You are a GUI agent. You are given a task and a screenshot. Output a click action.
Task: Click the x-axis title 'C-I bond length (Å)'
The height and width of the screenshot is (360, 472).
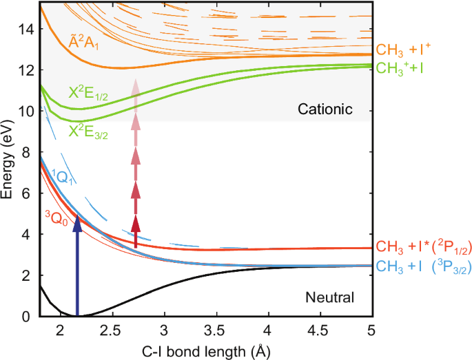[204, 350]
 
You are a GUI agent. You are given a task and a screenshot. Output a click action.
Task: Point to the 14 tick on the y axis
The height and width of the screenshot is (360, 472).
[25, 30]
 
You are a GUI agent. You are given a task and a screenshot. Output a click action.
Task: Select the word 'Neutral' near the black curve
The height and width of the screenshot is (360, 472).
[329, 297]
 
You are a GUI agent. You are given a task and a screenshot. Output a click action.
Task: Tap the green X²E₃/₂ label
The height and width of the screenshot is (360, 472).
[88, 129]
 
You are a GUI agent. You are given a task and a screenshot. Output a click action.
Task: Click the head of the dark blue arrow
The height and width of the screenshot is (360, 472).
[77, 221]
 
